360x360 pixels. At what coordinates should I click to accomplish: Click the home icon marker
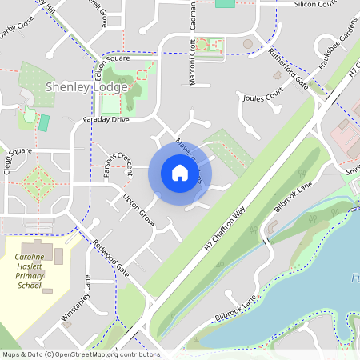180,173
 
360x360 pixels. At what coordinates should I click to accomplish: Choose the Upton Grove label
138,209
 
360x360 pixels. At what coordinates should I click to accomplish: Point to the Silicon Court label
317,4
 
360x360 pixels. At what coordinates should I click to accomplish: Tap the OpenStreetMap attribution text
80,354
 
